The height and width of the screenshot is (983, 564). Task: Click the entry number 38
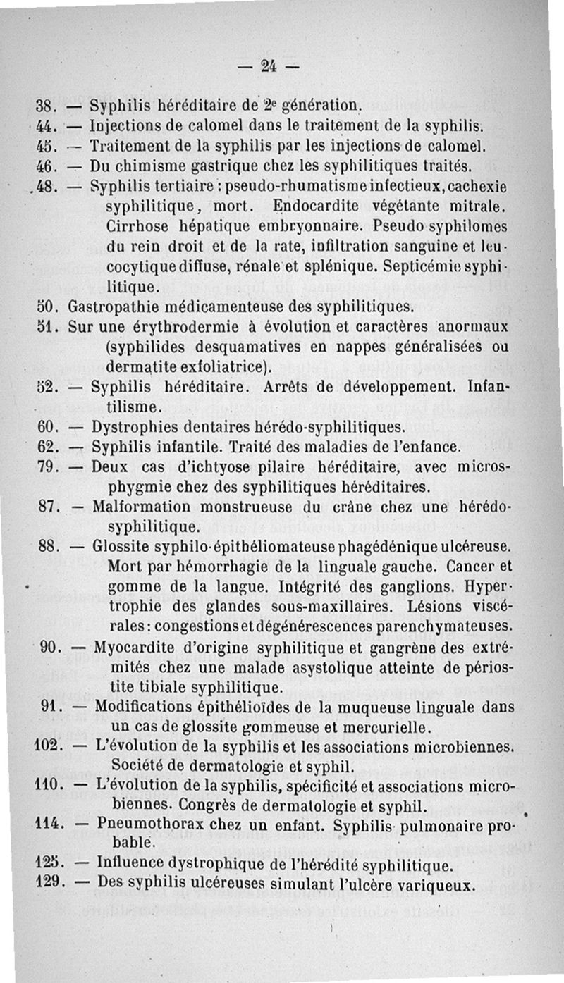pos(45,108)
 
